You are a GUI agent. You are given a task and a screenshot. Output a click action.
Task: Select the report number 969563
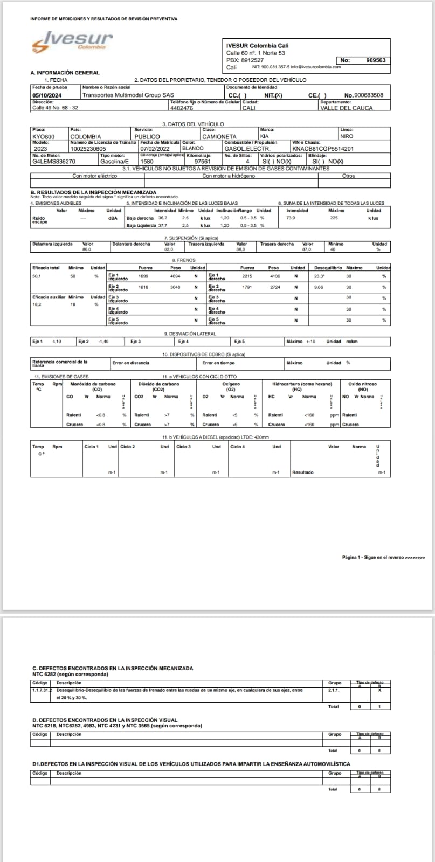(375, 60)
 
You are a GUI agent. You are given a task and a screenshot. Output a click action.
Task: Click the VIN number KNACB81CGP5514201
(323, 149)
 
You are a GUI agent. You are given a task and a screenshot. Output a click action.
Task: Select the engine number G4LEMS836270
(54, 161)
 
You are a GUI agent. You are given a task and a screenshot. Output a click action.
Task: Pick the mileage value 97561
(202, 161)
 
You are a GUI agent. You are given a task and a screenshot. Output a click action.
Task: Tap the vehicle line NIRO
(347, 137)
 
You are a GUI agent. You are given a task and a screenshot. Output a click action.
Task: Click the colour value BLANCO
(193, 149)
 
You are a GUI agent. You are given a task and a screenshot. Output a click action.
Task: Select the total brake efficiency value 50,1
(37, 276)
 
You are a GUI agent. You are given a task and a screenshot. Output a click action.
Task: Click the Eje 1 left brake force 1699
(143, 276)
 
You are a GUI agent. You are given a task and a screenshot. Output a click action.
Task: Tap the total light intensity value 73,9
(291, 218)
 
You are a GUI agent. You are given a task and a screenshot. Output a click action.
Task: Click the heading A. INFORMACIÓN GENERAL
(65, 73)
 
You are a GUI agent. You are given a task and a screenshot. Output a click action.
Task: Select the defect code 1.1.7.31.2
(41, 689)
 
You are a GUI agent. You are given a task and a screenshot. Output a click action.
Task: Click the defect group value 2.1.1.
(334, 689)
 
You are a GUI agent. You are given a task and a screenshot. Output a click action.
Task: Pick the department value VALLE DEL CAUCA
(346, 108)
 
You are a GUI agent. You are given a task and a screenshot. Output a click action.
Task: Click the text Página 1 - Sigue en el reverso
(383, 557)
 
